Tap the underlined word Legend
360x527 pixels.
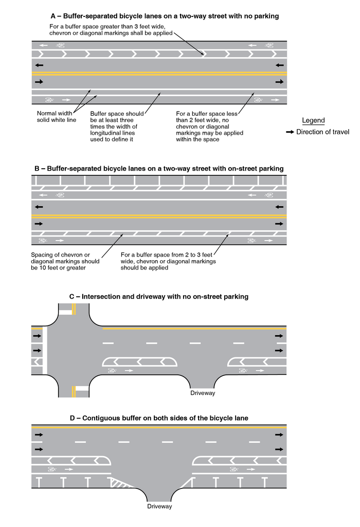click(x=313, y=120)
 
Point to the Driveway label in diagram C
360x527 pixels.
click(x=203, y=393)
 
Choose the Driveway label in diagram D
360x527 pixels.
click(x=159, y=506)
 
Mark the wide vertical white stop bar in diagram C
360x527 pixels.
click(x=45, y=350)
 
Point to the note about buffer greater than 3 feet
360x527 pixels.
click(x=111, y=30)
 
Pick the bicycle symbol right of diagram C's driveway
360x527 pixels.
click(x=243, y=370)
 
